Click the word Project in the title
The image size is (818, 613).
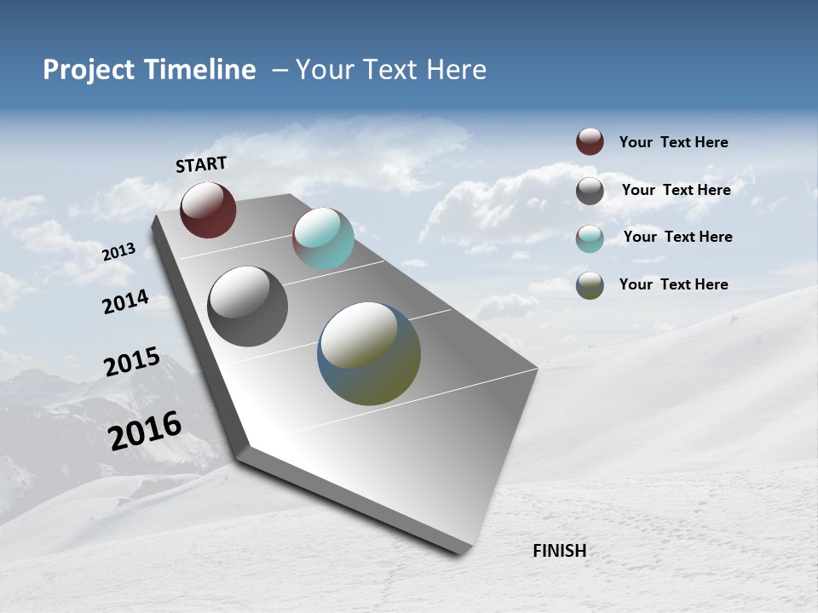point(89,70)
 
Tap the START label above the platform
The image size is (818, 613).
point(201,164)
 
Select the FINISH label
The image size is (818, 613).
point(559,551)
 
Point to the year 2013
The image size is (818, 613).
point(118,252)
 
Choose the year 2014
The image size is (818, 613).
point(125,302)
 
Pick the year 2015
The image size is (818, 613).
point(131,362)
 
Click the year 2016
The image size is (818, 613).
point(145,431)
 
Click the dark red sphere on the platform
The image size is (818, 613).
point(208,209)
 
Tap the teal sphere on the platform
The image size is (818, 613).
point(323,238)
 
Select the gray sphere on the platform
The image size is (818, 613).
point(247,306)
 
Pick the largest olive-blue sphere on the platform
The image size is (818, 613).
point(369,353)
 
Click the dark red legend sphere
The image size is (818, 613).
point(590,141)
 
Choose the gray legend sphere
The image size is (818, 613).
point(590,191)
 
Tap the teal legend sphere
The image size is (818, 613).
point(590,238)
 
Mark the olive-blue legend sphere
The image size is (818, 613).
point(590,285)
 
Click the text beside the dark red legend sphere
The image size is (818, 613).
point(673,142)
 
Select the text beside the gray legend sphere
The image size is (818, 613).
point(676,190)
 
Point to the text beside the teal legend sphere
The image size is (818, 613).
point(677,237)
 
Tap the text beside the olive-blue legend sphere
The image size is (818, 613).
point(673,284)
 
